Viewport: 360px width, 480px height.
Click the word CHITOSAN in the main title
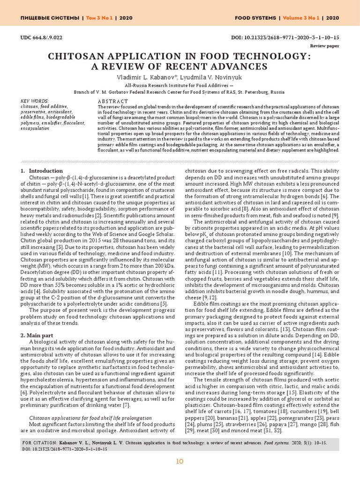[90, 56]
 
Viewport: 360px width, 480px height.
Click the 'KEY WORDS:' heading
[35, 101]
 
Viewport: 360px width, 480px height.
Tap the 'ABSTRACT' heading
[112, 101]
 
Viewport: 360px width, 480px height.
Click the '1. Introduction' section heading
[42, 171]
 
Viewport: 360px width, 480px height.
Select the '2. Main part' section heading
[40, 335]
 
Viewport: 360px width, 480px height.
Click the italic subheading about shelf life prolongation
[90, 418]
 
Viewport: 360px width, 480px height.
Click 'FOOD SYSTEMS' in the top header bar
[255, 18]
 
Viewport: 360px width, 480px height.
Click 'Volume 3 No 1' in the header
[300, 18]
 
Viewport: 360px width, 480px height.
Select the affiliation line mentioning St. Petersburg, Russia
[180, 93]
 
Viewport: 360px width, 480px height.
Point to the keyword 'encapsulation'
[35, 127]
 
